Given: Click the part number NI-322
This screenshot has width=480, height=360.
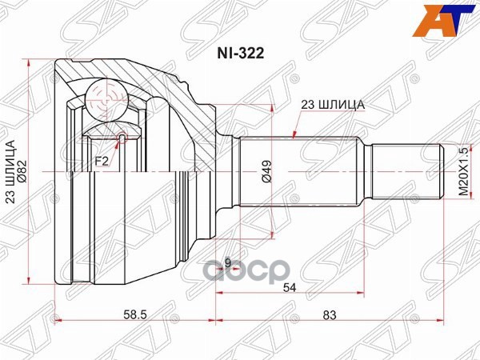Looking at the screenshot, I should coord(240,56).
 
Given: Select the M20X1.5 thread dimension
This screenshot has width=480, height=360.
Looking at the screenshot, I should coord(462,171).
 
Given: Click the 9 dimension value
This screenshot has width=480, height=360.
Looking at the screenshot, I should coord(227,262).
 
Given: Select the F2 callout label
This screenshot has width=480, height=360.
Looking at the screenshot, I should coord(102,161).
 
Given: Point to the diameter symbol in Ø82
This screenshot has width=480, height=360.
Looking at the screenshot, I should coord(22,183).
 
